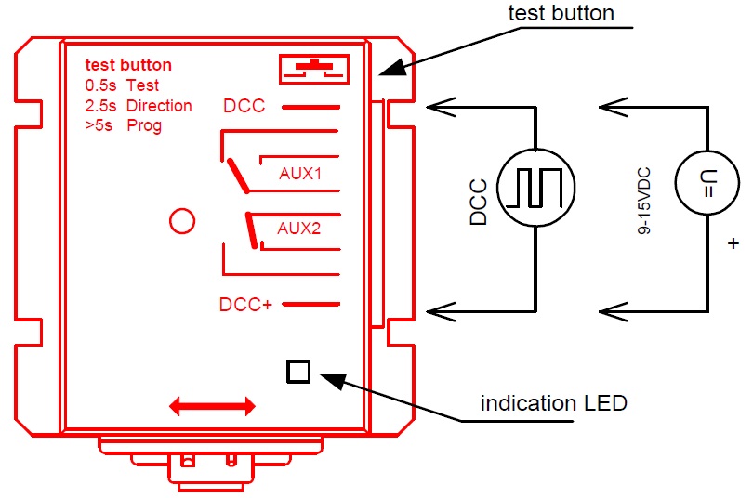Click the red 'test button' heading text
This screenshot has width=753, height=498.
point(128,66)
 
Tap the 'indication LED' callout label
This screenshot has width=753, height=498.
point(553,403)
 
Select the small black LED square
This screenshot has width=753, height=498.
point(298,372)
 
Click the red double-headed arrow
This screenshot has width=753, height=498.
point(212,406)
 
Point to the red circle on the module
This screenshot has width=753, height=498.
point(181,221)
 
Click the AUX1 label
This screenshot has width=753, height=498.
point(299,174)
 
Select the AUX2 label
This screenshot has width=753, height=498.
point(299,229)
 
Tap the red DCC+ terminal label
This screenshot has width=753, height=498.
point(245,304)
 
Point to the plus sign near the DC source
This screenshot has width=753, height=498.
point(734,244)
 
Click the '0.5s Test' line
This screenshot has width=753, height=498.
point(122,85)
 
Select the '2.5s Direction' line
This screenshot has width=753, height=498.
point(138,106)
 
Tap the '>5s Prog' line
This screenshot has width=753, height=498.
point(123,125)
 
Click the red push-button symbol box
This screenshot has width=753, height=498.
point(314,70)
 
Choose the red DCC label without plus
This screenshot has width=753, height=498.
point(244,106)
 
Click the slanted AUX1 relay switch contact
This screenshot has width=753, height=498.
point(235,176)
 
